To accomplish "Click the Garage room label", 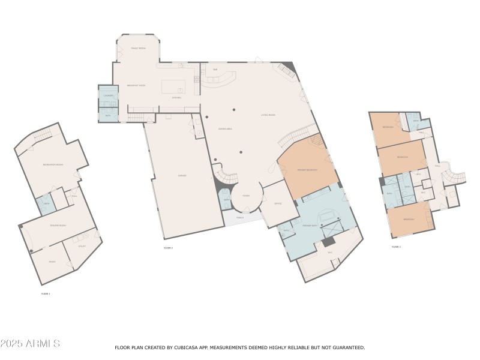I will [182, 175].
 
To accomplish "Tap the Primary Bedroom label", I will [307, 170].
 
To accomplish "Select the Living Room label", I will [268, 115].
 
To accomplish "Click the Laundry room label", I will [109, 95].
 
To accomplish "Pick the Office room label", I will [278, 204].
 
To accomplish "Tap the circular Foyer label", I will [245, 196].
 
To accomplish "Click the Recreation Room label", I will [53, 164].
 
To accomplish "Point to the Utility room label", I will [82, 246].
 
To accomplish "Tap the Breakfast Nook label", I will [138, 86].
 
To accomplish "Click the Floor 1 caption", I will [46, 293].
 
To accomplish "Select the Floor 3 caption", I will [396, 247].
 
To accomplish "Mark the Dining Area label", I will [209, 128].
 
